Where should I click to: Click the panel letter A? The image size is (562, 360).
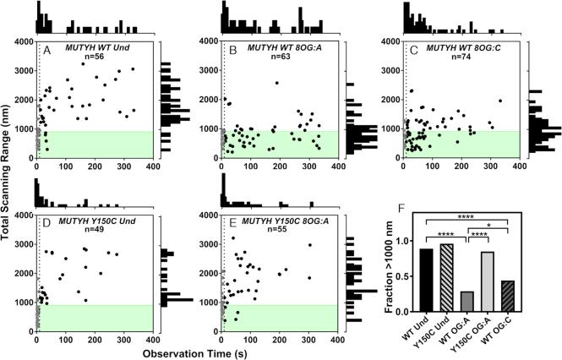click(x=47, y=49)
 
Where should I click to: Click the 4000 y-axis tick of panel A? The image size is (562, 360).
click(x=22, y=41)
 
